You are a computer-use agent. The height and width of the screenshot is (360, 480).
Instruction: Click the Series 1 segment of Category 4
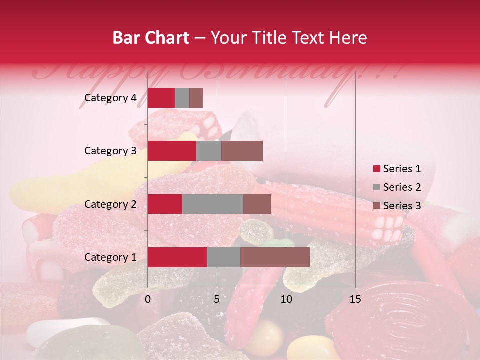pyautogui.click(x=161, y=98)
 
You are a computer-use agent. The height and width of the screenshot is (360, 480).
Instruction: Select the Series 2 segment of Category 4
pyautogui.click(x=182, y=98)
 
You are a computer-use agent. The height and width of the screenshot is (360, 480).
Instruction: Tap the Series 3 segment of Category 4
pyautogui.click(x=196, y=98)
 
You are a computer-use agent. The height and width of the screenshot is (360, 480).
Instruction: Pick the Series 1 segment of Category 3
pyautogui.click(x=172, y=151)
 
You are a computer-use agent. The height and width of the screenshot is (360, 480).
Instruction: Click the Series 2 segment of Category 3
pyautogui.click(x=209, y=151)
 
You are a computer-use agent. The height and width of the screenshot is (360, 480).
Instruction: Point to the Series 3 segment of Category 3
pyautogui.click(x=242, y=151)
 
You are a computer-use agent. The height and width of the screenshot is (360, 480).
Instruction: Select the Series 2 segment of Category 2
pyautogui.click(x=213, y=204)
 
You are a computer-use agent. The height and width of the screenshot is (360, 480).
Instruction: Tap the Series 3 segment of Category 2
pyautogui.click(x=257, y=204)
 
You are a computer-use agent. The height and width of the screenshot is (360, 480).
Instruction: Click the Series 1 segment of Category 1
pyautogui.click(x=177, y=257)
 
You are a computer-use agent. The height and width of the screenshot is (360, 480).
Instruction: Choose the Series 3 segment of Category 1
pyautogui.click(x=275, y=257)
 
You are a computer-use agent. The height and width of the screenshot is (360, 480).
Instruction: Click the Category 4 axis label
pyautogui.click(x=110, y=98)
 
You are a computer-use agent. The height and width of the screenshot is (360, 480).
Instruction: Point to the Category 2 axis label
pyautogui.click(x=110, y=204)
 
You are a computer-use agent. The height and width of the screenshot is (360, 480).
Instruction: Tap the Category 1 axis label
pyautogui.click(x=110, y=257)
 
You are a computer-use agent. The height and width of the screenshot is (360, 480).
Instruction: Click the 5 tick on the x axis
pyautogui.click(x=217, y=299)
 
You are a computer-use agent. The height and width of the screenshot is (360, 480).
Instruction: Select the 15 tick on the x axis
pyautogui.click(x=355, y=299)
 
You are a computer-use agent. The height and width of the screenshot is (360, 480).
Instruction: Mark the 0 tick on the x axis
pyautogui.click(x=148, y=299)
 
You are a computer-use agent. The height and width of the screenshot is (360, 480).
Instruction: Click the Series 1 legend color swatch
pyautogui.click(x=377, y=169)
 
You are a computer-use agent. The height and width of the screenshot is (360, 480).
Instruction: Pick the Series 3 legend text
pyautogui.click(x=402, y=206)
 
